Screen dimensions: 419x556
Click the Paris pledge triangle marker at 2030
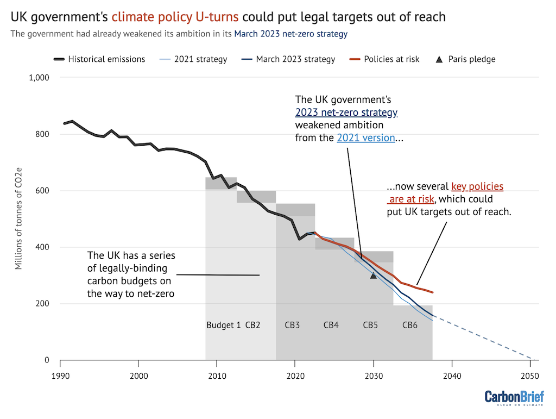click(x=374, y=276)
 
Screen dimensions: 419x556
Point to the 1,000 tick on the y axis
click(x=39, y=78)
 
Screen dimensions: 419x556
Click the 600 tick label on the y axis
click(x=43, y=191)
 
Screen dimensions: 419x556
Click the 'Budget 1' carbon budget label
click(x=223, y=326)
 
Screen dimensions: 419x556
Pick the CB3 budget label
click(x=292, y=326)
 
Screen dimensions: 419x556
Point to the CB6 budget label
click(x=410, y=326)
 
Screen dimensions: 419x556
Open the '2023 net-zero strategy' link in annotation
click(x=346, y=112)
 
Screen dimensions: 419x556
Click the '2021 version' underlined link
click(x=365, y=137)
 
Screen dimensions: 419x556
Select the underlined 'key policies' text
click(x=477, y=187)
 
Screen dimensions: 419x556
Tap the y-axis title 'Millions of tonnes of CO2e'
click(x=19, y=219)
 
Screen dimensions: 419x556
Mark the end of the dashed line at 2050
click(x=530, y=358)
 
